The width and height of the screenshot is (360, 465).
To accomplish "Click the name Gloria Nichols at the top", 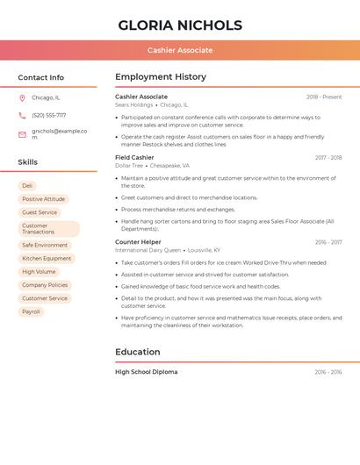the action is point(180,25).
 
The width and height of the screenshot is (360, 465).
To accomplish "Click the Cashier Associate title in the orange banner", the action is point(180,50).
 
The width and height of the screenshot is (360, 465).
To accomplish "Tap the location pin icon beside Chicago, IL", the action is point(22,98).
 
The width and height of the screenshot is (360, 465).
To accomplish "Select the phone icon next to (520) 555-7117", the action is point(22,115).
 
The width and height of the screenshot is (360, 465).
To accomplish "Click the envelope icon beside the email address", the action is point(22,134).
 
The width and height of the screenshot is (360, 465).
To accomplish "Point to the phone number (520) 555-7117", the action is point(48,115).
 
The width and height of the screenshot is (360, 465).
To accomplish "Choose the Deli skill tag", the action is point(27,186).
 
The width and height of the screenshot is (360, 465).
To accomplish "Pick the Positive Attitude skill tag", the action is point(43,199).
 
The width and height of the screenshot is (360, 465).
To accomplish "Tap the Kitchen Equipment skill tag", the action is point(47,259).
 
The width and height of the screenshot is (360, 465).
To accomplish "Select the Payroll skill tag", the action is point(31,311).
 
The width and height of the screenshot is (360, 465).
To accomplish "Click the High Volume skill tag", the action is point(39,272).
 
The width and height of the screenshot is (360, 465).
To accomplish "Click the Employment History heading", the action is point(160,77).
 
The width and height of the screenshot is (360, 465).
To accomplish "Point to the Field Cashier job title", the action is point(134,158).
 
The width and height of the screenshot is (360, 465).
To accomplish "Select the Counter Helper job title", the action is point(138,242).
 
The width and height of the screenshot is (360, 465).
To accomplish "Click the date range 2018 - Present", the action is point(324,97).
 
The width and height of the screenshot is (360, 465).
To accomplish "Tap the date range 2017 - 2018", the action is point(328,158).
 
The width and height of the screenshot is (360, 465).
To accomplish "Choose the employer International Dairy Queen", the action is point(147,250).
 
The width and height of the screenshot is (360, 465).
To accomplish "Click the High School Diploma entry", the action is point(146,372).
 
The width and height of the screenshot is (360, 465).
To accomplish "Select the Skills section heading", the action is point(28,162).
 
